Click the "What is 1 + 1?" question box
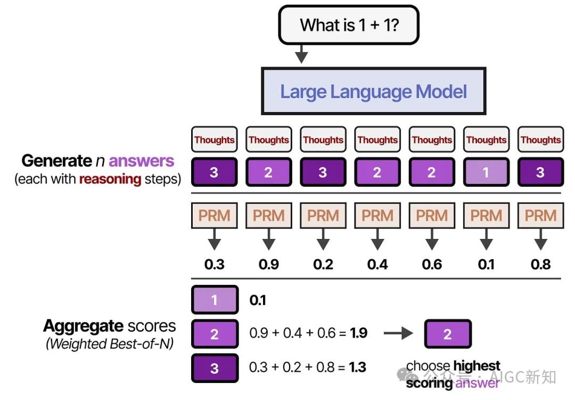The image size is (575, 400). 348,25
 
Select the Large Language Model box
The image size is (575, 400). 374,91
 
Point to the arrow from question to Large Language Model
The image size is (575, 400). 301,54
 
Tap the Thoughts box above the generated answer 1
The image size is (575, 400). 486,140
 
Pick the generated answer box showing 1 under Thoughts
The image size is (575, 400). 486,172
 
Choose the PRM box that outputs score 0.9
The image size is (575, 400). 269,215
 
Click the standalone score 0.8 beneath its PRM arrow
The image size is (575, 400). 540,265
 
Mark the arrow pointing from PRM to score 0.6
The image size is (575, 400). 432,239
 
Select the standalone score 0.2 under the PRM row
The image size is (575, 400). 323,265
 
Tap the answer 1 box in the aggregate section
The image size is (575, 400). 215,300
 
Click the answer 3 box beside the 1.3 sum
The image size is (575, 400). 215,368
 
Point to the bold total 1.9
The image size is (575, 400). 359,333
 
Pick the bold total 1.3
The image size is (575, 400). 358,367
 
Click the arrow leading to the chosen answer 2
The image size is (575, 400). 399,333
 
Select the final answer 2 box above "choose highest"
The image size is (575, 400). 448,334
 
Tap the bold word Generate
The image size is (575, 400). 56,161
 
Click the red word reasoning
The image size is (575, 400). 110,179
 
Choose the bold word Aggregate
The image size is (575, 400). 83,326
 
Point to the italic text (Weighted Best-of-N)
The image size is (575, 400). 110,344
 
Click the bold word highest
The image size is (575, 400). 477,365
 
